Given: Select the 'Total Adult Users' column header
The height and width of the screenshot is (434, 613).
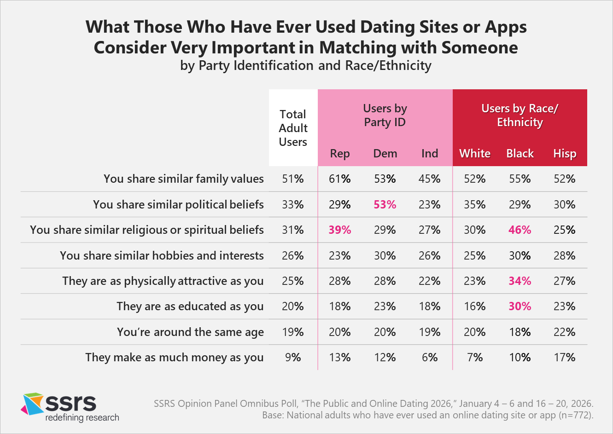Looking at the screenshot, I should pyautogui.click(x=293, y=128).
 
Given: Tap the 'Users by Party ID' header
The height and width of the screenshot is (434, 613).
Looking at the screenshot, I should pyautogui.click(x=385, y=115).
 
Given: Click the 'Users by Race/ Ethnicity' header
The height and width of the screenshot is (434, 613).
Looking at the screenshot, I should pyautogui.click(x=520, y=115).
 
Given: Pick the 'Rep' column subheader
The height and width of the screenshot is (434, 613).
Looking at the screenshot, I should pyautogui.click(x=340, y=154).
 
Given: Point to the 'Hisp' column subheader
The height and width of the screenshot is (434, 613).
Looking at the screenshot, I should pyautogui.click(x=565, y=154).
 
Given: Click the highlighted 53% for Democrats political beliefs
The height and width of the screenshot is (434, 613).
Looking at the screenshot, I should pyautogui.click(x=385, y=204).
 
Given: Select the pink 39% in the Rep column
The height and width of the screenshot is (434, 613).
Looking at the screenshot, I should pyautogui.click(x=340, y=230).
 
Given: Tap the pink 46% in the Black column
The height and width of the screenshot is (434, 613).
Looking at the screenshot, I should pyautogui.click(x=520, y=230).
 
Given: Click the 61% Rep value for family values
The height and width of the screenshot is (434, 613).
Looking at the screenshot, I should pyautogui.click(x=340, y=179).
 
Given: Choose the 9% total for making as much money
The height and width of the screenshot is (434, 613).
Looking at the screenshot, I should pyautogui.click(x=293, y=357).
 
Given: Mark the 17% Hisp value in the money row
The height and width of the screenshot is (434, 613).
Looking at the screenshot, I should pyautogui.click(x=565, y=357).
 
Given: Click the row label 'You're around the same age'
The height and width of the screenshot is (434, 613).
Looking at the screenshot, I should pyautogui.click(x=190, y=332).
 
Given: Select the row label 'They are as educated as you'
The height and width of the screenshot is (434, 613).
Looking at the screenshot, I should pyautogui.click(x=190, y=307).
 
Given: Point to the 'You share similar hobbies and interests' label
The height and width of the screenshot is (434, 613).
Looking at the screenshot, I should pyautogui.click(x=162, y=255).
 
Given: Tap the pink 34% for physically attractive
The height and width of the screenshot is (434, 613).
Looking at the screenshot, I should pyautogui.click(x=520, y=281).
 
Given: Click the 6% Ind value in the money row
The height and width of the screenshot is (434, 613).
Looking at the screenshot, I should pyautogui.click(x=430, y=357).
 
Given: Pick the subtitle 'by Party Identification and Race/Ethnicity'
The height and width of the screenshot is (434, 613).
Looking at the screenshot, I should pyautogui.click(x=306, y=65).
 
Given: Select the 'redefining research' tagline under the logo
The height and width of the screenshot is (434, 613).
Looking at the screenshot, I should pyautogui.click(x=82, y=418).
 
